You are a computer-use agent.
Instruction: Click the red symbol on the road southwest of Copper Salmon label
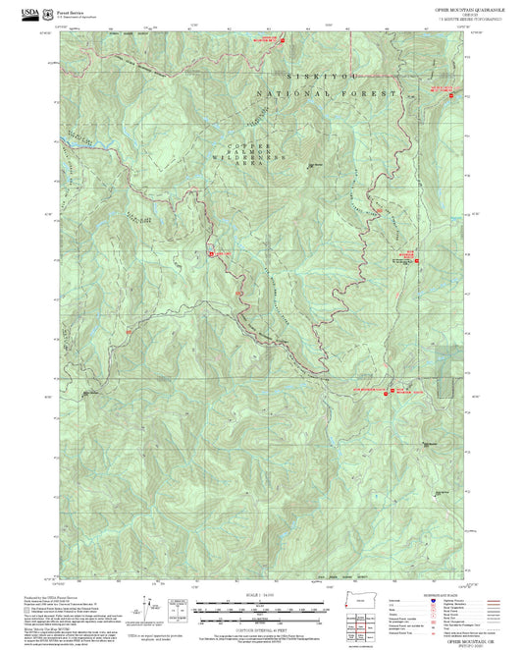pos(213,252)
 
